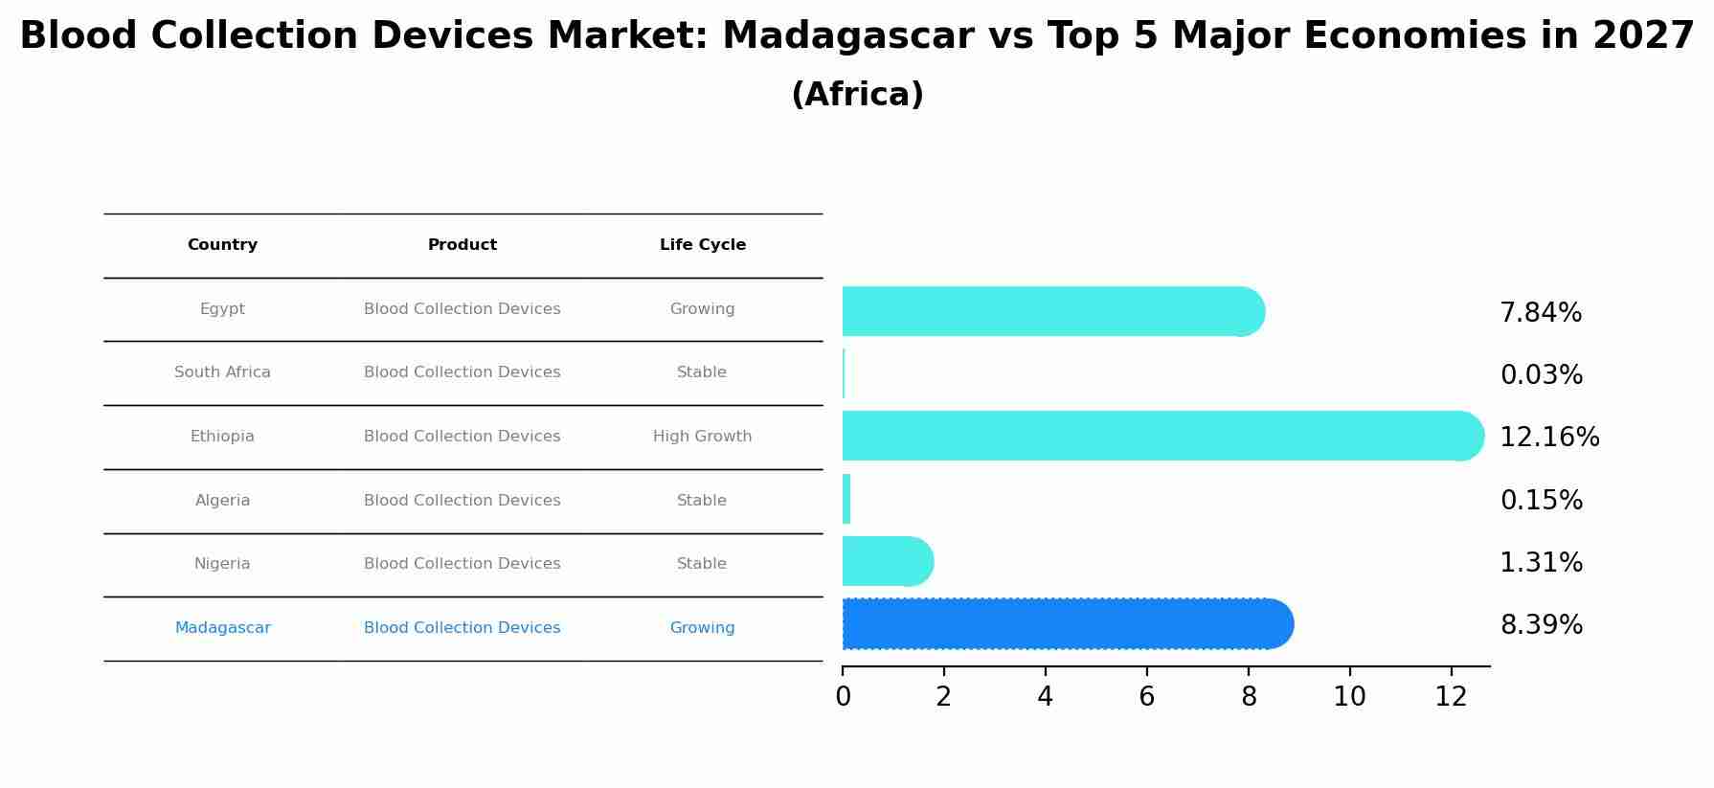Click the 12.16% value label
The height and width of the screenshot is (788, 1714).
pos(1548,438)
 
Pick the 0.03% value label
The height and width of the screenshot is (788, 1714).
pos(1541,375)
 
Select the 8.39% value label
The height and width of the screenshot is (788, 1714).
pos(1541,625)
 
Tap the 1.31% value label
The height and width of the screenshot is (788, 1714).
pos(1541,563)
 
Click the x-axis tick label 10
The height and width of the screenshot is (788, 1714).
pos(1349,697)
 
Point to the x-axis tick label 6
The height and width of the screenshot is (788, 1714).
pos(1146,697)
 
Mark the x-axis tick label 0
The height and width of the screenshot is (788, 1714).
pos(843,697)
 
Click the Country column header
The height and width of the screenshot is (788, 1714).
pos(222,245)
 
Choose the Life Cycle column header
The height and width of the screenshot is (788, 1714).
pos(702,245)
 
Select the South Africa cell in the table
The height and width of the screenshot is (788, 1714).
pos(222,372)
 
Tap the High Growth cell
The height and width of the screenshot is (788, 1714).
pos(702,437)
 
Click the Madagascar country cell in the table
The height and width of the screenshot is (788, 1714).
pos(222,628)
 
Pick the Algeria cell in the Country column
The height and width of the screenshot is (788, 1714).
pos(222,501)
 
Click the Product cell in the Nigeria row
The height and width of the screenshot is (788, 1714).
pos(462,564)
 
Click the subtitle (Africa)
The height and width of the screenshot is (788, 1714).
pos(857,95)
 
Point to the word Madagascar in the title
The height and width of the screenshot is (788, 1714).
pos(847,36)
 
